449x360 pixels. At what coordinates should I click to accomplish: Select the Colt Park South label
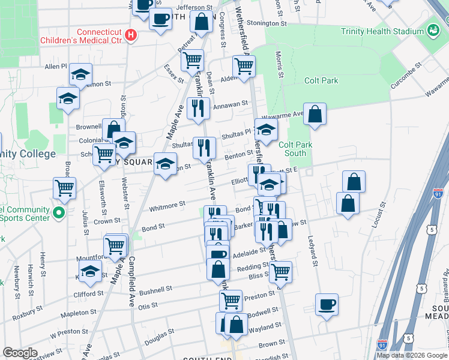click(292, 149)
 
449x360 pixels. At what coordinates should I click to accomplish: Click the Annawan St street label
click(231, 104)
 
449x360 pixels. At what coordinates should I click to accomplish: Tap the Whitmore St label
click(167, 206)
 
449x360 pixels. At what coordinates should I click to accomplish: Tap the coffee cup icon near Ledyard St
click(327, 304)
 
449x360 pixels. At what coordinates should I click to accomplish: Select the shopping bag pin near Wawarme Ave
click(315, 113)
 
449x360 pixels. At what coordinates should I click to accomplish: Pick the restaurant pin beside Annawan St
click(198, 107)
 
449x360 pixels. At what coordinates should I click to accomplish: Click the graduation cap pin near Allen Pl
click(80, 74)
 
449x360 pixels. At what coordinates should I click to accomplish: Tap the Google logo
click(20, 353)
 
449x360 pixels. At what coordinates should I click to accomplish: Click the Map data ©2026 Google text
click(411, 355)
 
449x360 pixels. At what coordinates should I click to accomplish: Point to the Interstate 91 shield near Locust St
click(438, 194)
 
